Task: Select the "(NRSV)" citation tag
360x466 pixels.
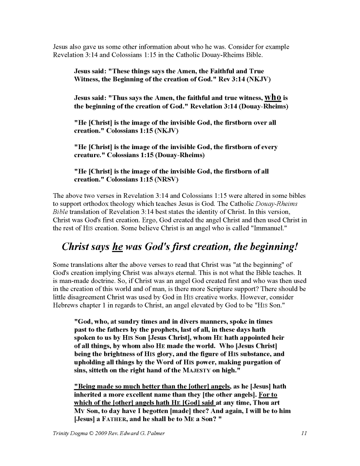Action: coord(167,180)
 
